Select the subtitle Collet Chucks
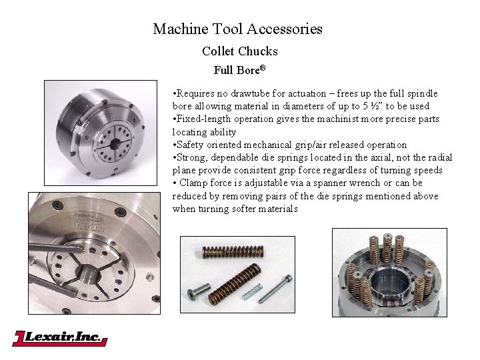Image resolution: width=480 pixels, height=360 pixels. click(x=240, y=51)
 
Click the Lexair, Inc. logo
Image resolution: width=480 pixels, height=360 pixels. click(x=60, y=338)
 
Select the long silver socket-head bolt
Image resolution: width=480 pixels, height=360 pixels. click(x=275, y=289)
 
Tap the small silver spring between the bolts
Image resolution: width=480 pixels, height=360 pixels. click(x=251, y=291)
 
